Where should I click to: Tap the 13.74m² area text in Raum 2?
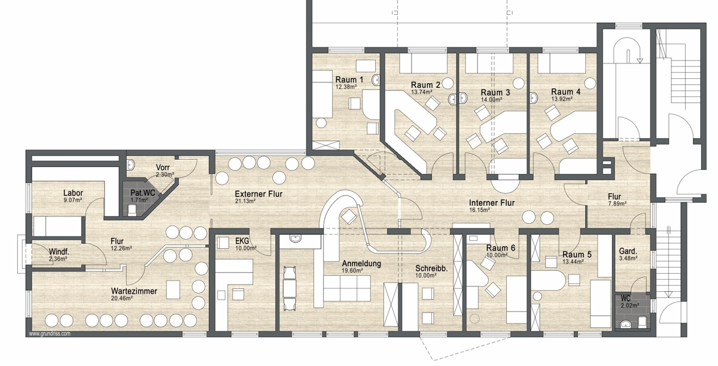[x=421, y=92]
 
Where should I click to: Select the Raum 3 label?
[x=495, y=93]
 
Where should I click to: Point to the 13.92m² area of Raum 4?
[x=562, y=99]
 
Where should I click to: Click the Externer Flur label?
[x=258, y=194]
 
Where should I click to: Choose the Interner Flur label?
[x=492, y=203]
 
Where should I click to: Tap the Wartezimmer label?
[x=134, y=291]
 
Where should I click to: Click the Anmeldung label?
[x=361, y=264]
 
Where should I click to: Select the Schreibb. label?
[x=431, y=269]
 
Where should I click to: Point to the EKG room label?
[x=242, y=241]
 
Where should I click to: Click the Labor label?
[x=73, y=193]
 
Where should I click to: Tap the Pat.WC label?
[x=142, y=193]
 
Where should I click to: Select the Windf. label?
[x=59, y=252]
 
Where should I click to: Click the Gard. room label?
[x=628, y=251]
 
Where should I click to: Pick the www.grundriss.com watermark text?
[x=50, y=334]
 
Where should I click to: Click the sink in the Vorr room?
[x=131, y=164]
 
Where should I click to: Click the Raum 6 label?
[x=500, y=248]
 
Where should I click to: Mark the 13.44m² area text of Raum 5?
[x=573, y=261]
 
